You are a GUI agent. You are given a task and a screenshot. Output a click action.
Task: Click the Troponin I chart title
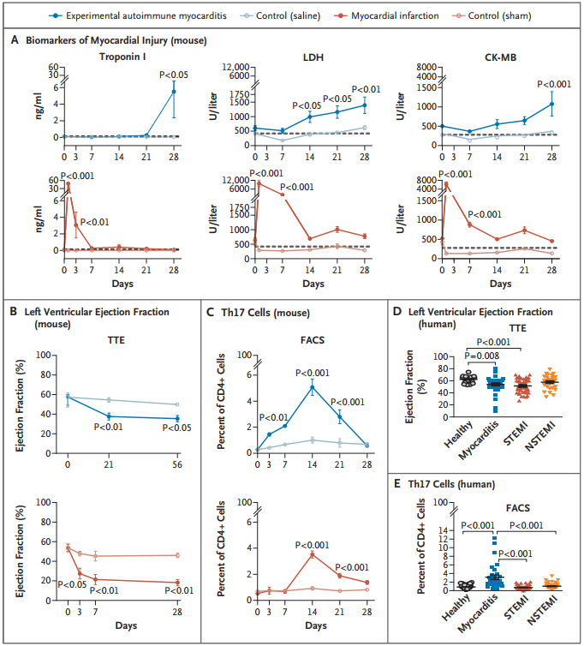pos(122,57)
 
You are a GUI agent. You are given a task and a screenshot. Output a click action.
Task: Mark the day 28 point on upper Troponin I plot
pos(174,92)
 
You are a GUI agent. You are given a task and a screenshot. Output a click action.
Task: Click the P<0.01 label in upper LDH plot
pos(366,90)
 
